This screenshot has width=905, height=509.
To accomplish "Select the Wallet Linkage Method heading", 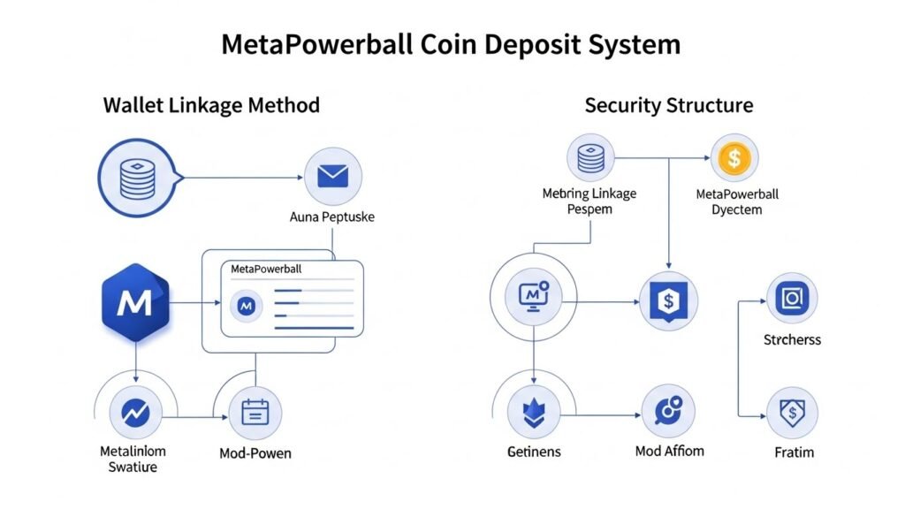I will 211,106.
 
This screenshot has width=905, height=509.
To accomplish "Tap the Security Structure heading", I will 668,106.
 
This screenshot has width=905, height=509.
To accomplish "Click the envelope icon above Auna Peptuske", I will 333,177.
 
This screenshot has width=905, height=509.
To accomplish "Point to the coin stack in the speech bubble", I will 137,177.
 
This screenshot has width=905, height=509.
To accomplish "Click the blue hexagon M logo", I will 134,305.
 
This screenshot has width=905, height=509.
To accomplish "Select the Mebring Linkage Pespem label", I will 589,202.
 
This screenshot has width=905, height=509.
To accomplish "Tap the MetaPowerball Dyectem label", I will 737,202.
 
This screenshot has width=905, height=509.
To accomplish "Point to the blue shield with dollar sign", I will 667,301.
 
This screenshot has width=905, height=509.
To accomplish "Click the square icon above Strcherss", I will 792,300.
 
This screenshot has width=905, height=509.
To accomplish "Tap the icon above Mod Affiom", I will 668,413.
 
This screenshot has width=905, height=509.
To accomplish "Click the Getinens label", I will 534,452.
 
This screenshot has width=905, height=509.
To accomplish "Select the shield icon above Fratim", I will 792,413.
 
